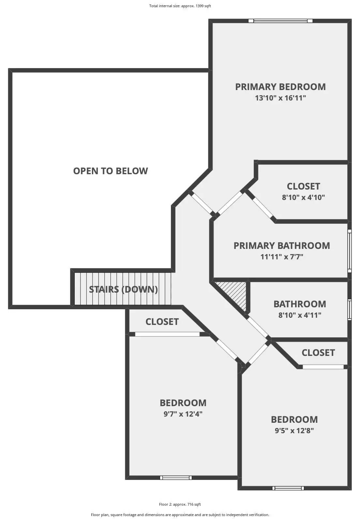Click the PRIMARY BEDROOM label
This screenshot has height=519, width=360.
point(280,87)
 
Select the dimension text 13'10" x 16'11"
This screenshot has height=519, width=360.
point(280,98)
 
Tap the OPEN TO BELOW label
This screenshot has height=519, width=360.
point(111,171)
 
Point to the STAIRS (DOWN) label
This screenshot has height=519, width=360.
point(123,289)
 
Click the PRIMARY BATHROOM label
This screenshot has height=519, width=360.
point(282,246)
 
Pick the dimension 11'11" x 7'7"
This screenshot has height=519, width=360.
point(282,257)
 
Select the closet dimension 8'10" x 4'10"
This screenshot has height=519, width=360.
point(303,197)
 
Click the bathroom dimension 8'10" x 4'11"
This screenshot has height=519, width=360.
point(300,315)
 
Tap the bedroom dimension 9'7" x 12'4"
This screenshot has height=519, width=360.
point(183,414)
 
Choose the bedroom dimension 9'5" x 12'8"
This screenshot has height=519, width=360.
point(294,431)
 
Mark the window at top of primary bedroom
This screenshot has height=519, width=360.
point(280,21)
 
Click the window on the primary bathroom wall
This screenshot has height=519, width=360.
point(350,251)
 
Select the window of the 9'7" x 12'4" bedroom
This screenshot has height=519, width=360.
point(176,478)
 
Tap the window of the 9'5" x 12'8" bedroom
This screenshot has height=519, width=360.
point(288,488)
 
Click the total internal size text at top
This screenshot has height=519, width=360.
point(180,6)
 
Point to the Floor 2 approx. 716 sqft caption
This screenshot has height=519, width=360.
point(180,504)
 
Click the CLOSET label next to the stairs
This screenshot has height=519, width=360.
point(162,322)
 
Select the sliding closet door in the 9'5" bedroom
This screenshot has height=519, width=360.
point(323,367)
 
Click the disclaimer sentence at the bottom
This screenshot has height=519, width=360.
point(180,515)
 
